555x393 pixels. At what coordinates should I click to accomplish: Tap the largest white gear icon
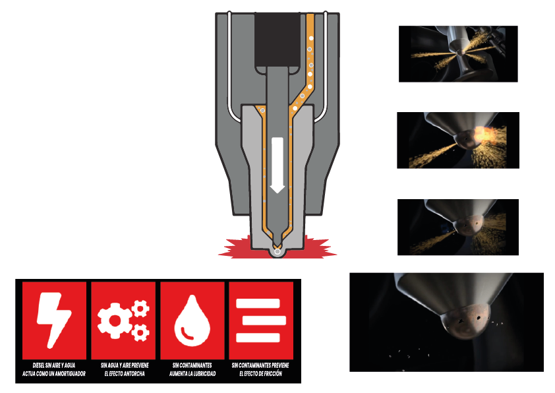coord(115,320)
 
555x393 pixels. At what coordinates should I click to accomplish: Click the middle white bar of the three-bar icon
coord(264,320)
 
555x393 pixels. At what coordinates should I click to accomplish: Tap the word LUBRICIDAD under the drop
coord(203,373)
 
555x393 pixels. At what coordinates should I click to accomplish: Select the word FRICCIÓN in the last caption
coord(272,373)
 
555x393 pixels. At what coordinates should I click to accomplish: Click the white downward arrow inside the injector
coord(277,165)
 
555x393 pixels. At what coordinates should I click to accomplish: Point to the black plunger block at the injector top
coord(277,42)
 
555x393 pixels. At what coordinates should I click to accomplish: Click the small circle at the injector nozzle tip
coord(277,252)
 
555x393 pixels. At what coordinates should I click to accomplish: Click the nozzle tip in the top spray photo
coord(459,52)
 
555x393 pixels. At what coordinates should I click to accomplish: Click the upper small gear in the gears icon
coord(140,309)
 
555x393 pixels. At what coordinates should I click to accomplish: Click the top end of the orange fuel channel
coord(310,15)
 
